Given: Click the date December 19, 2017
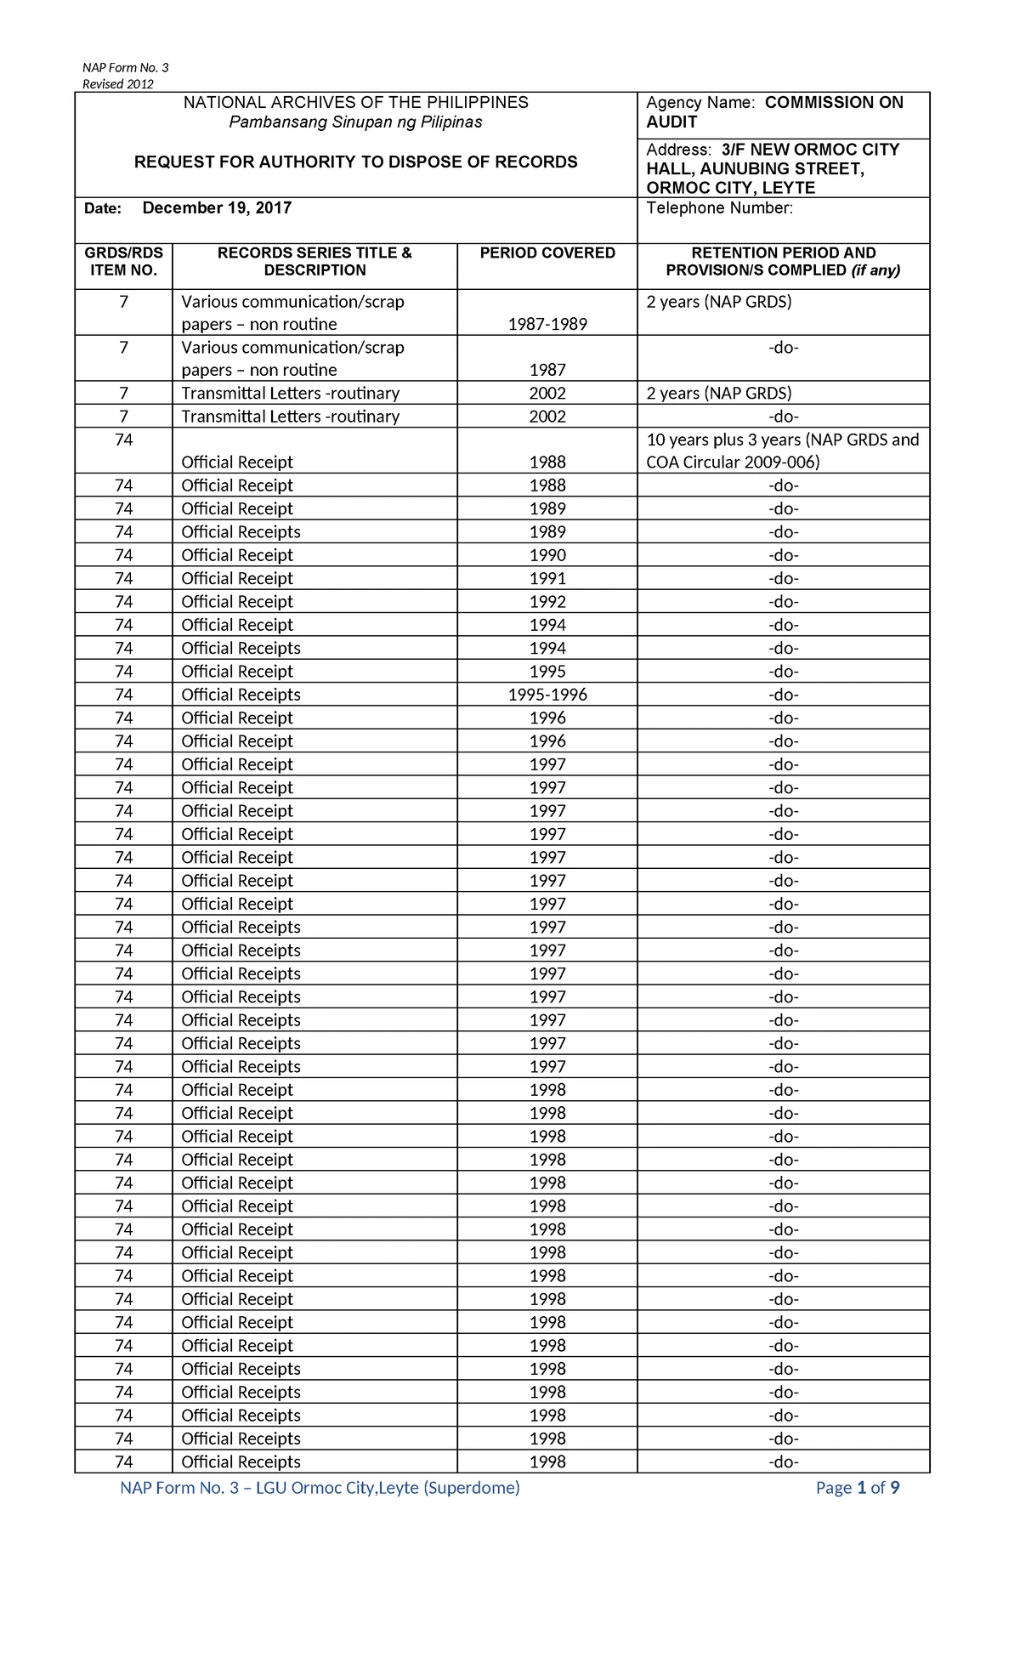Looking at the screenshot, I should [217, 208].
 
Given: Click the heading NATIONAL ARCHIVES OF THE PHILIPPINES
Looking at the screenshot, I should [355, 103].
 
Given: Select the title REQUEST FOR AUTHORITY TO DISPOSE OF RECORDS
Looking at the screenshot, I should [355, 162].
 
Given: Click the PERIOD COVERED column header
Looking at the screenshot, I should [547, 253].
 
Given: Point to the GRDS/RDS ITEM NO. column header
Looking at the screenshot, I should [123, 262].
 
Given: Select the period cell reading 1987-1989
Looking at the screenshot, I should [547, 324].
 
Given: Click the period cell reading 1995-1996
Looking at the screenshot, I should [547, 695].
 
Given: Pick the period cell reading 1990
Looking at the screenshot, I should [547, 555].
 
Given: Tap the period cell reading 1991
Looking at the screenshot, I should [547, 578].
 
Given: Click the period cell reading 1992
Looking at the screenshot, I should [547, 602].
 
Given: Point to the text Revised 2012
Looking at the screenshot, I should [117, 84].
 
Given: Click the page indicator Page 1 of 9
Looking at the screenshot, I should [857, 1488].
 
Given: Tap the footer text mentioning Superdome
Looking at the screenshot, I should [320, 1488].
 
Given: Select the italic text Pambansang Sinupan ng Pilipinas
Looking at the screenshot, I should [355, 122].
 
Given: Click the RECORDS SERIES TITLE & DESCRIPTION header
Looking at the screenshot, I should [314, 262].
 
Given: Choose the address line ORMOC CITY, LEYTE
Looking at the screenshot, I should [730, 188].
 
